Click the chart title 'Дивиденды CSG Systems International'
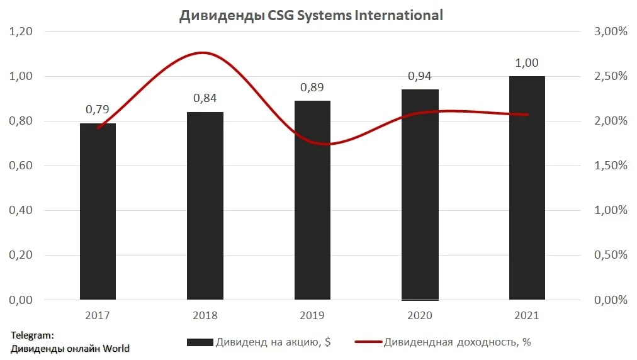coord(311,16)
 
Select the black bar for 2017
coord(98,211)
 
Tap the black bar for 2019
coord(312,200)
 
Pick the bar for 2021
coord(527,188)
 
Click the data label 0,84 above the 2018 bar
coord(205,98)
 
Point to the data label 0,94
coord(420,76)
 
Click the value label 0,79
coord(98,109)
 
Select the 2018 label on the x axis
coord(205,315)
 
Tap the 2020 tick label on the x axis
coord(420,315)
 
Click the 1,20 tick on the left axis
coord(21,31)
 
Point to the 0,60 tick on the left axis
coord(21,166)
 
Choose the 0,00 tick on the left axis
coord(21,300)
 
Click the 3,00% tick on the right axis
coord(611,31)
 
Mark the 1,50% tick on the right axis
coord(611,166)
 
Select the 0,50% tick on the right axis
coord(611,255)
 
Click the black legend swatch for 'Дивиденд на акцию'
coord(200,342)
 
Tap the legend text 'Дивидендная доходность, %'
coord(457,342)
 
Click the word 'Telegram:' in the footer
coord(32,335)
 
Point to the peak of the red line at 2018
coord(203,53)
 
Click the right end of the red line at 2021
coord(527,115)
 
